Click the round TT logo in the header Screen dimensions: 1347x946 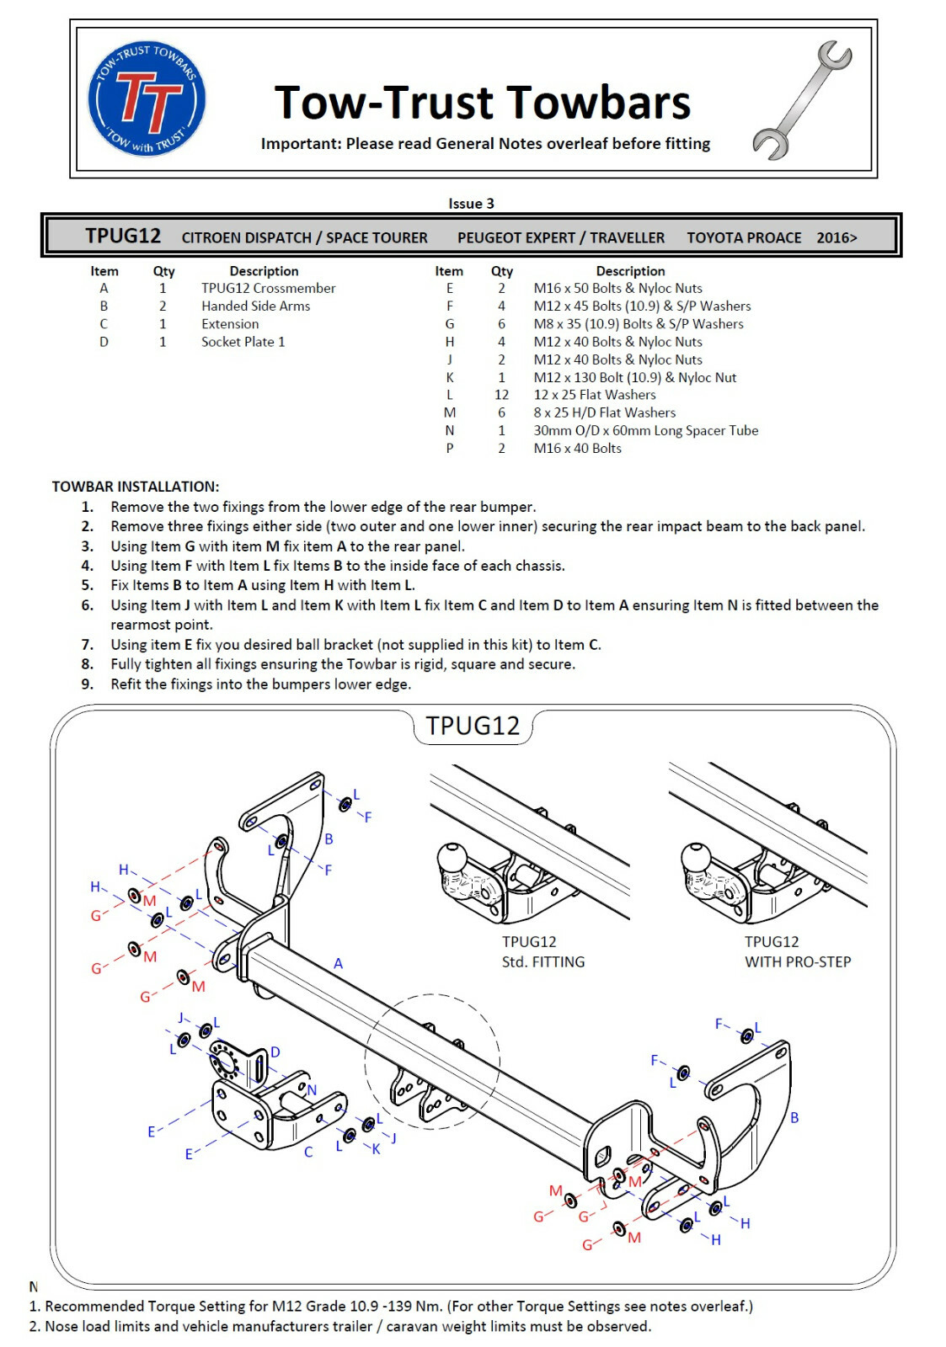tap(147, 98)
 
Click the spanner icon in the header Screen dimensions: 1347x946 tap(802, 100)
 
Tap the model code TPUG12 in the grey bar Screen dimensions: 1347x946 tap(123, 236)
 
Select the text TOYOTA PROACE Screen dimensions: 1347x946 tap(744, 237)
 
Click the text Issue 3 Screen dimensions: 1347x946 tap(471, 203)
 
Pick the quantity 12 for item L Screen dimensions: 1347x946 tap(501, 394)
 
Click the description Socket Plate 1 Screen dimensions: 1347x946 tap(243, 342)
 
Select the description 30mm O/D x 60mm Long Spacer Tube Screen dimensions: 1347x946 tap(645, 430)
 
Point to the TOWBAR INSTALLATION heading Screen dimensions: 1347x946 tap(136, 487)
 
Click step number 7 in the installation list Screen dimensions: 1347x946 tap(88, 645)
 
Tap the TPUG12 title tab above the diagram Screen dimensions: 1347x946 tap(473, 726)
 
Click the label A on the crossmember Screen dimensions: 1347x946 tap(338, 963)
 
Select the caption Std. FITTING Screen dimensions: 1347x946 tap(542, 961)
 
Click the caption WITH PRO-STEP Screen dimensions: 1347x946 tap(797, 961)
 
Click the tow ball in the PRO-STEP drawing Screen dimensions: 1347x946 tap(696, 859)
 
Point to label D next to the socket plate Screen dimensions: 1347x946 tap(275, 1052)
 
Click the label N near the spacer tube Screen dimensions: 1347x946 tap(312, 1089)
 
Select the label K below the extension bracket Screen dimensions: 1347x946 tap(376, 1148)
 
